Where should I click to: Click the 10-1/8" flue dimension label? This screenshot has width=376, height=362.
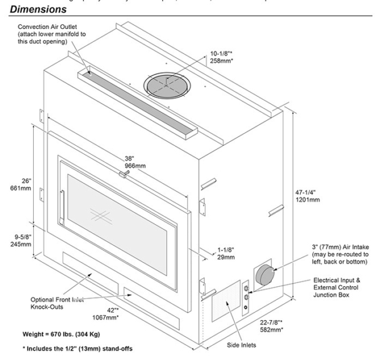[222, 54]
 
